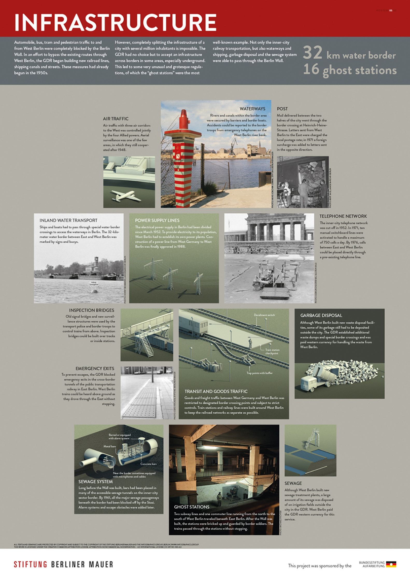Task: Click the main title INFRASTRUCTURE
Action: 115,22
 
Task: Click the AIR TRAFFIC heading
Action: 116,119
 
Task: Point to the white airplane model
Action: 126,195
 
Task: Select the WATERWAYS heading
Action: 252,109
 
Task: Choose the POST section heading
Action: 282,109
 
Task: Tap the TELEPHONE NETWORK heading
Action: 343,216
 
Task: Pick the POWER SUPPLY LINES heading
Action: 157,220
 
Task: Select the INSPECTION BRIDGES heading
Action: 91,310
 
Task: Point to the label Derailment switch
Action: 264,315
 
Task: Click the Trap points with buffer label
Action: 259,373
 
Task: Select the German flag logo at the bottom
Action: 391,564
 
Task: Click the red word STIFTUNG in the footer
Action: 31,564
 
